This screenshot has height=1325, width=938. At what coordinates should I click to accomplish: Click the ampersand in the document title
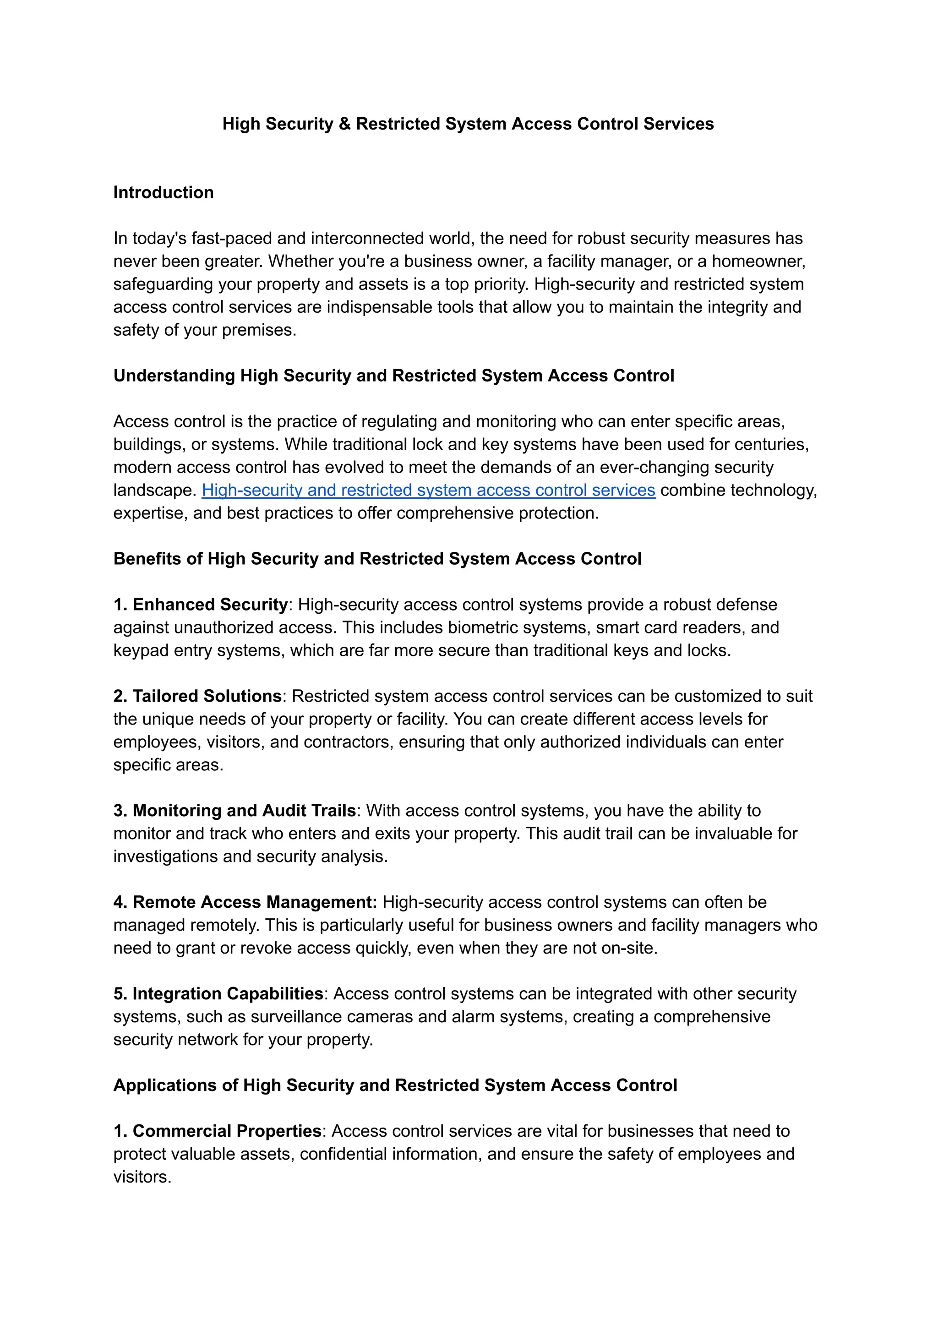(x=345, y=124)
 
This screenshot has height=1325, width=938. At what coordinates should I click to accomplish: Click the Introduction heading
(x=164, y=192)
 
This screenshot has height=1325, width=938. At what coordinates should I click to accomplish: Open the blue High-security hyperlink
(x=428, y=491)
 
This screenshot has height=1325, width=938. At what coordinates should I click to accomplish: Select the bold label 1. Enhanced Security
(x=201, y=605)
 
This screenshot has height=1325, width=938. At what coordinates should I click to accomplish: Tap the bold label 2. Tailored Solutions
(x=197, y=696)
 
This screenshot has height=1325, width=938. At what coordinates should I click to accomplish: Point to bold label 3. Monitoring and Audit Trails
(x=234, y=811)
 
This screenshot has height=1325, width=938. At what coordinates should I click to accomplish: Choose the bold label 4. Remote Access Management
(x=245, y=902)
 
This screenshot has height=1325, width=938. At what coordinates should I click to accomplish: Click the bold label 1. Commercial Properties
(x=217, y=1131)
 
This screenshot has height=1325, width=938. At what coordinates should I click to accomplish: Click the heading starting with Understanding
(x=393, y=376)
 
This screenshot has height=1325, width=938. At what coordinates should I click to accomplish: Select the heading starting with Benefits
(x=377, y=559)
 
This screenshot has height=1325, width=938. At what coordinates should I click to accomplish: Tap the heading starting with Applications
(x=395, y=1085)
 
